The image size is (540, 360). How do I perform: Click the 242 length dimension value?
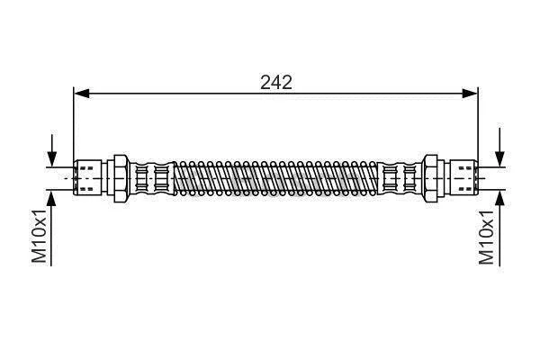(276, 82)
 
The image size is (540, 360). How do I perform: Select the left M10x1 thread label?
(39, 236)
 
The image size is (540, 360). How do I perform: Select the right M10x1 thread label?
(486, 237)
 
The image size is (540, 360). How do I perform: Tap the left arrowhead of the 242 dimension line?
(82, 93)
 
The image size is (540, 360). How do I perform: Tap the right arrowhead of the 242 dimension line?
(470, 93)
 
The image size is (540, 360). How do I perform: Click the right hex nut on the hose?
(430, 178)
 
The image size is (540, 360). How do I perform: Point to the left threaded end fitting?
(87, 178)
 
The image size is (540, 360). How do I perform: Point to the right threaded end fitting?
(463, 178)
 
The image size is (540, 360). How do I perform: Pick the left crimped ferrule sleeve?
(152, 178)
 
